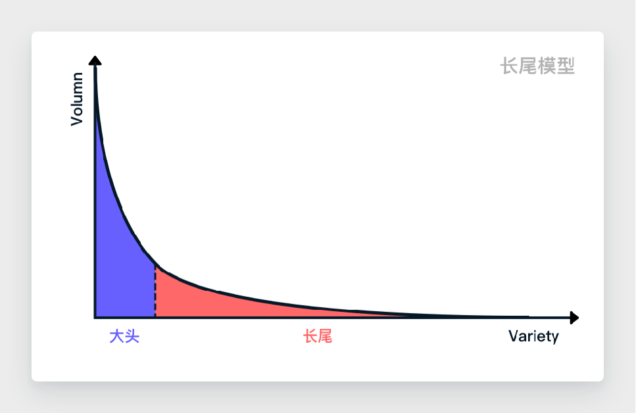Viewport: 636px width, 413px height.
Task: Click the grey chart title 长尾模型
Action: tap(537, 66)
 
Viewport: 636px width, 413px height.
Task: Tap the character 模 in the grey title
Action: tap(547, 66)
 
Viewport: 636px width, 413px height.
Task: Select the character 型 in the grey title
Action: tap(566, 66)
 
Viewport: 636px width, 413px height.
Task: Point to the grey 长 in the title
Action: tap(510, 66)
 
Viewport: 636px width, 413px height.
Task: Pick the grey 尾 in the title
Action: tap(528, 66)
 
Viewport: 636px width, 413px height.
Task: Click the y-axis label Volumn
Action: tap(77, 99)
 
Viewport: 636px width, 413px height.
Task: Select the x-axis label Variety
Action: tap(533, 337)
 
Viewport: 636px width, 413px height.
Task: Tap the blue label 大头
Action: tap(124, 337)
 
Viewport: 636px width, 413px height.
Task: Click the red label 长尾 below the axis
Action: tap(318, 337)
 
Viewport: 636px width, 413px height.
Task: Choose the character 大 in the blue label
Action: tap(117, 337)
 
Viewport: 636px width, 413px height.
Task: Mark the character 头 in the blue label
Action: tap(132, 337)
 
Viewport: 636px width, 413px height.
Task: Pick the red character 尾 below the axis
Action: tap(325, 337)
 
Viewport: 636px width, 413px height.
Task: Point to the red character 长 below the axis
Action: tap(310, 337)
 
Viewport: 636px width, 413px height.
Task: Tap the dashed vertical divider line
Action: tap(155, 292)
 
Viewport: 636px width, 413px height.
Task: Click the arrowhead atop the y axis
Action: tap(95, 61)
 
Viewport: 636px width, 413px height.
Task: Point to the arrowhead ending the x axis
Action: tap(574, 318)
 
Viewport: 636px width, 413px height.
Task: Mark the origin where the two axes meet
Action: tap(95, 318)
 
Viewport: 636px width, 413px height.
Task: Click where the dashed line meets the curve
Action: tap(155, 264)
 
